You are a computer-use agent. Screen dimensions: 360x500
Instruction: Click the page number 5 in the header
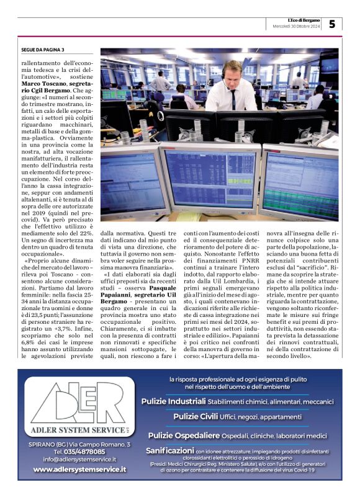pos(332,24)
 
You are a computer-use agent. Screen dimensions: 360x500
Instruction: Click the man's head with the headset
pos(232,72)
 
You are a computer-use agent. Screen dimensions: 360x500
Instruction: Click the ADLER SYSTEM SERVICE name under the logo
pos(74,430)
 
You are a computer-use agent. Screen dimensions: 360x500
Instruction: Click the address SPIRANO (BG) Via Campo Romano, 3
pos(79,444)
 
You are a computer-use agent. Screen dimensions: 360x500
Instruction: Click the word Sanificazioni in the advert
pos(169,450)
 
